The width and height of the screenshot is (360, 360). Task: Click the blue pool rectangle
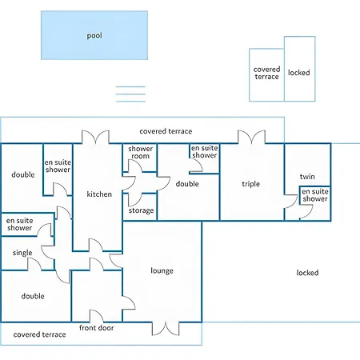94,35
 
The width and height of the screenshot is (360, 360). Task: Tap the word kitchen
99,194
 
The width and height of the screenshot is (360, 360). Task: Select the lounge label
162,271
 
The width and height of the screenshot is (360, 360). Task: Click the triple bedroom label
250,184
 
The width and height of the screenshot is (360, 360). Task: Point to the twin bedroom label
307,177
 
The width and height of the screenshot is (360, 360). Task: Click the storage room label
141,210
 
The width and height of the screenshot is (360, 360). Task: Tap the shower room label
141,152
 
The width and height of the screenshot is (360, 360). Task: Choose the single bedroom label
22,253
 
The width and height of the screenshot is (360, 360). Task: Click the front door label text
97,328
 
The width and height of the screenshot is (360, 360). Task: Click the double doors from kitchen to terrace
95,137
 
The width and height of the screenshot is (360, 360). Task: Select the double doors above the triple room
251,137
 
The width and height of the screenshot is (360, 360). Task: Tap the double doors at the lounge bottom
166,329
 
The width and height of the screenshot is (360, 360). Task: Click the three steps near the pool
130,94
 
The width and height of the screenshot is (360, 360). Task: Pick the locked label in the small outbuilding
299,73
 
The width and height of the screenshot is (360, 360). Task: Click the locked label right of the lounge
307,273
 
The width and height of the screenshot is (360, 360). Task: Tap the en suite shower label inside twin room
315,195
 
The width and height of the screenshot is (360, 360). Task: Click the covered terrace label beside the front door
39,334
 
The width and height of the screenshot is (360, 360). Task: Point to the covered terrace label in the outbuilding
266,73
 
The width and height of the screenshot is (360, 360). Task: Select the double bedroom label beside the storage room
187,184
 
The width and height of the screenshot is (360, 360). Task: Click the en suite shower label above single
20,224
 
